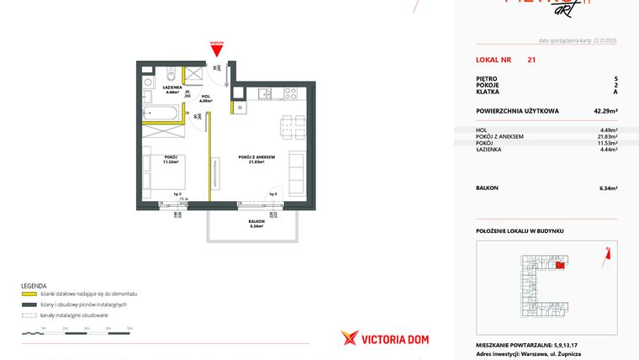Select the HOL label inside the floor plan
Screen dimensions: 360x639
tap(205, 98)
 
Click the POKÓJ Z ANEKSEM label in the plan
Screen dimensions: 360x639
tap(251, 160)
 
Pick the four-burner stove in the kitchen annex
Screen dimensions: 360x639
tap(291, 92)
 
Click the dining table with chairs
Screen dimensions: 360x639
tap(289, 126)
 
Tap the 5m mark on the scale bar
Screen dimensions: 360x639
tap(129, 328)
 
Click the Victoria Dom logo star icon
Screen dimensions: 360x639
tap(350, 338)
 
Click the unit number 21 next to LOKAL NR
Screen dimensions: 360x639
tap(531, 61)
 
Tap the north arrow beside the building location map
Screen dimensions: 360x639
tap(607, 250)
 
